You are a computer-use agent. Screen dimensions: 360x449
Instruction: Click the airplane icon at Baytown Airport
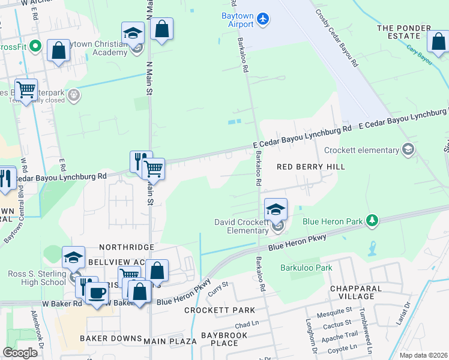[x=262, y=19]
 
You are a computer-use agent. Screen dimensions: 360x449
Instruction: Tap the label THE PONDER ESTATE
[x=403, y=32]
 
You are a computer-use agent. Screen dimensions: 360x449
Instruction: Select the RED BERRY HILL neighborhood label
[x=310, y=167]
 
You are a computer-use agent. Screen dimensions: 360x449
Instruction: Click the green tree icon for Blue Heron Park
[x=372, y=221]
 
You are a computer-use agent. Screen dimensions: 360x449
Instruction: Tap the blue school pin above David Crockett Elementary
[x=276, y=209]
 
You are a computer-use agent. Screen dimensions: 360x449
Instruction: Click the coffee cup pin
[x=96, y=293]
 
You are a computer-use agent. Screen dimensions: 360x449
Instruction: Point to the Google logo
[x=20, y=353]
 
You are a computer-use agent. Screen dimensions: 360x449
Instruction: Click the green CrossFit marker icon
[x=35, y=46]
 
